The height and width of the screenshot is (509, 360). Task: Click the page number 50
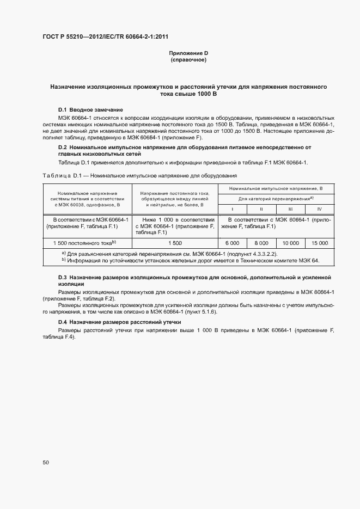pyautogui.click(x=46, y=462)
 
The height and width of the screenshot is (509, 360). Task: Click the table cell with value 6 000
pyautogui.click(x=232, y=243)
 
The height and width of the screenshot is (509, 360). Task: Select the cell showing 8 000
pyautogui.click(x=261, y=243)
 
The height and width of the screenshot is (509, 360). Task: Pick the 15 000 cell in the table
pyautogui.click(x=320, y=243)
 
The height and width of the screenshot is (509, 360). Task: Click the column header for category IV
pyautogui.click(x=320, y=209)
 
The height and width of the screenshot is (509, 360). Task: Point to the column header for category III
pyautogui.click(x=290, y=209)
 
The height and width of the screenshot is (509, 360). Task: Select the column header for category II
pyautogui.click(x=261, y=209)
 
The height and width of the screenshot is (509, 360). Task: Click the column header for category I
pyautogui.click(x=232, y=209)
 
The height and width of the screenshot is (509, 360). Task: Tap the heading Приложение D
pyautogui.click(x=188, y=53)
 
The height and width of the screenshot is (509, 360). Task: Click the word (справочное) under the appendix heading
pyautogui.click(x=188, y=60)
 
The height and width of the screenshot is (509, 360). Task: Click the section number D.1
pyautogui.click(x=62, y=110)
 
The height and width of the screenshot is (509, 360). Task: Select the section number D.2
pyautogui.click(x=62, y=147)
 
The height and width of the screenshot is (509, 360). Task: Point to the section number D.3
pyautogui.click(x=62, y=278)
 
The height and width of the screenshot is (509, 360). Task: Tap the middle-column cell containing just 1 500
pyautogui.click(x=175, y=243)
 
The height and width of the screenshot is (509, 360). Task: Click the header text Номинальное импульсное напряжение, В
pyautogui.click(x=276, y=188)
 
